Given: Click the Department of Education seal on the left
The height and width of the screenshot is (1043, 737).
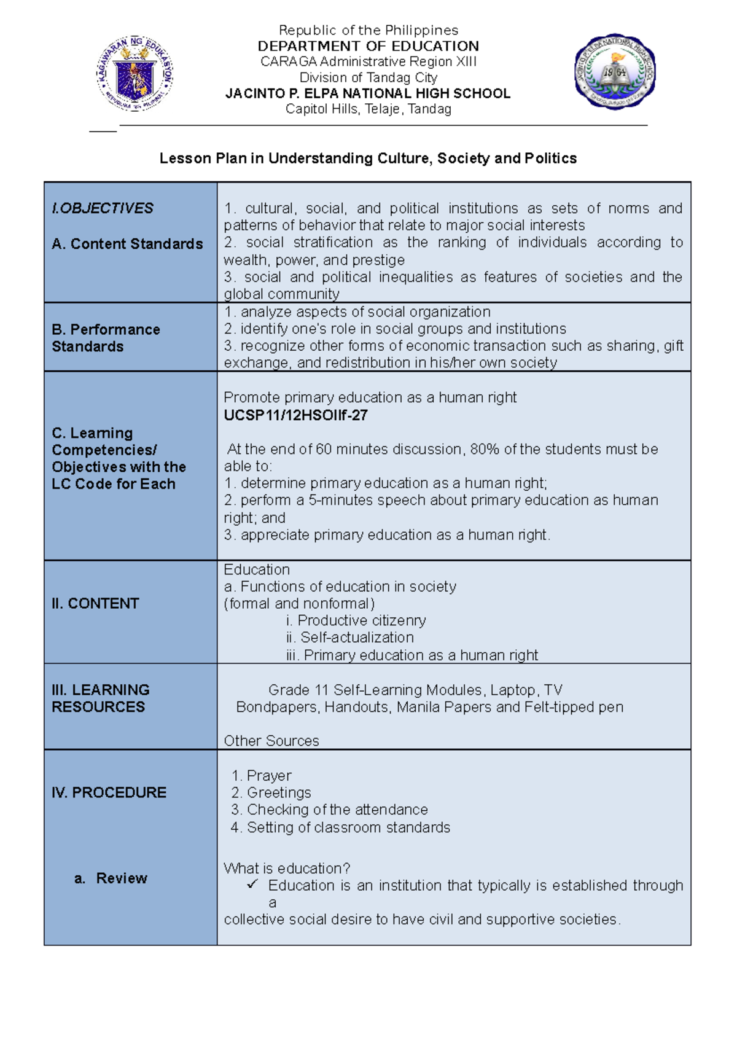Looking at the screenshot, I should [135, 73].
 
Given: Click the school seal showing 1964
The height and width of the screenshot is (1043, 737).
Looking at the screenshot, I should [615, 72].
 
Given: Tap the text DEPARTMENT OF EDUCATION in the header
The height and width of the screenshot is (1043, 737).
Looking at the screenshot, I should [368, 46].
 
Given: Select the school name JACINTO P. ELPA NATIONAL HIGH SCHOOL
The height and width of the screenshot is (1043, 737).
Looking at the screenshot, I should [368, 93].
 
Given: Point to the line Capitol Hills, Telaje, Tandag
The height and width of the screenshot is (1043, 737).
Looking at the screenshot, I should [368, 109].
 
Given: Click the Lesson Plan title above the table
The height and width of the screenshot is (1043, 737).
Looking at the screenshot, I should [368, 158].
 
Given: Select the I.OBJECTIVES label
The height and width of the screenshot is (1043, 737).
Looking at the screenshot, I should [103, 208].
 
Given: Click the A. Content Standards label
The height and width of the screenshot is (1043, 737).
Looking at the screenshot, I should [127, 244].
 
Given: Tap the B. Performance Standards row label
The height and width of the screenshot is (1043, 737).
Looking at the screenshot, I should [106, 338].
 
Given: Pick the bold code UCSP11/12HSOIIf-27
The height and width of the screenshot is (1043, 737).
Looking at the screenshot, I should [295, 415].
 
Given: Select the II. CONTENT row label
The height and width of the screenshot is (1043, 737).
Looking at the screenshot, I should [95, 603].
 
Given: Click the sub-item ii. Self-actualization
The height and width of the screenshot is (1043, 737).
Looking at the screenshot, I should [350, 638].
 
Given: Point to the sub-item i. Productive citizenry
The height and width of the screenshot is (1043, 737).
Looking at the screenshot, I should [356, 620].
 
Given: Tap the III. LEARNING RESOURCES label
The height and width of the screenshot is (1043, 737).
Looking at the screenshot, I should [100, 698].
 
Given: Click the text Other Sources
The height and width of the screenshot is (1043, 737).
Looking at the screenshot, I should [271, 741].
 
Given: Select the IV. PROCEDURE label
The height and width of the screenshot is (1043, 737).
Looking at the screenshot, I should [109, 792].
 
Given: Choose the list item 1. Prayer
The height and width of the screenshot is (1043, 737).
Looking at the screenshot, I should [262, 776].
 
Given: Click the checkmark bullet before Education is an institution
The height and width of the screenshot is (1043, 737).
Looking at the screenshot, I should [252, 885].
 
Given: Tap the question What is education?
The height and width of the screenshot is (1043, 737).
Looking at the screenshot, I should [287, 869].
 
